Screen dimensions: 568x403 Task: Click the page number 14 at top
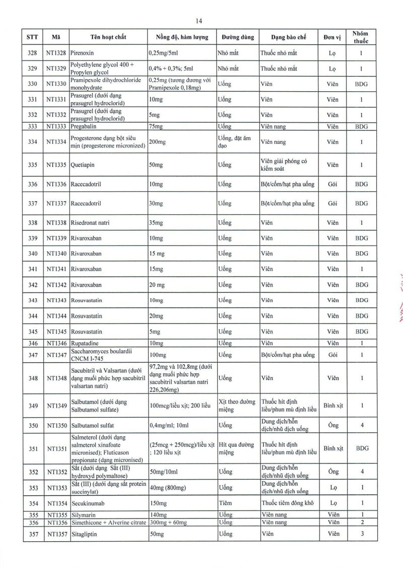(x=198, y=21)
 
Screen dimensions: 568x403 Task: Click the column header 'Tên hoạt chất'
(x=108, y=37)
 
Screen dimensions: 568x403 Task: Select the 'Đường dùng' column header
(x=237, y=37)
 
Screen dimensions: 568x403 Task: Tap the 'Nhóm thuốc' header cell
(x=361, y=37)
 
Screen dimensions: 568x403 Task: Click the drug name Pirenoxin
(x=83, y=52)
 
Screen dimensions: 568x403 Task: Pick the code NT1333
(x=56, y=127)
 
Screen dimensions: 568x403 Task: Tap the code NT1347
(x=56, y=355)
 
